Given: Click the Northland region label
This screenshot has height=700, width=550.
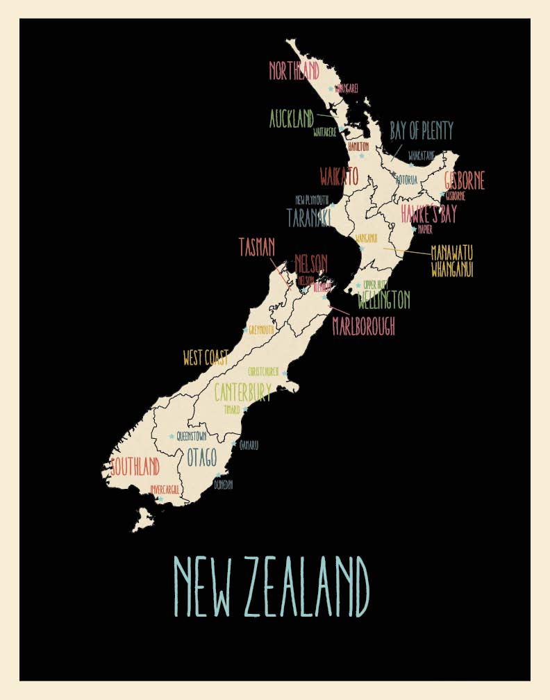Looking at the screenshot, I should (x=294, y=70).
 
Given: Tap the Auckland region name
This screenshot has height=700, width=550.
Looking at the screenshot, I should (x=292, y=119).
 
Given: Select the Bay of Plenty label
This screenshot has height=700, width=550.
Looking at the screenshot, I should (x=421, y=131).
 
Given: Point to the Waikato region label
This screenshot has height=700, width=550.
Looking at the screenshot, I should (x=339, y=176).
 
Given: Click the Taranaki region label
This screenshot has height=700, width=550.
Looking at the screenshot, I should (x=308, y=217).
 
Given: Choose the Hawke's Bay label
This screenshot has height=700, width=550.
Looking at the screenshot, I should (x=428, y=215).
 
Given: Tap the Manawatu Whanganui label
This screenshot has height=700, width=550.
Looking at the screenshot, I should (x=452, y=260).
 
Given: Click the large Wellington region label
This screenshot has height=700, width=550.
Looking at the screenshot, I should (x=384, y=301).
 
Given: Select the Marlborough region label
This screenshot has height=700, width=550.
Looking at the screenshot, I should (x=363, y=326).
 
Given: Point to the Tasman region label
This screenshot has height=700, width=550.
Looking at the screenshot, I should (x=257, y=247).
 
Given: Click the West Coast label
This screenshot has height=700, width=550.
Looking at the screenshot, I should (x=206, y=358).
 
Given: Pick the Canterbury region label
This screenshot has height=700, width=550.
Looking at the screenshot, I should (x=242, y=392).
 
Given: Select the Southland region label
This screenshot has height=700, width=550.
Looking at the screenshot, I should (x=135, y=465).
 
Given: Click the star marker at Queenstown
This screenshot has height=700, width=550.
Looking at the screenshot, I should (x=172, y=436).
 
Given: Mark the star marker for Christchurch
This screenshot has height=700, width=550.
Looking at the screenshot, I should (x=284, y=373).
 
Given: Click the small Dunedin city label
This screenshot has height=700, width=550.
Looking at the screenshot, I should (x=224, y=485).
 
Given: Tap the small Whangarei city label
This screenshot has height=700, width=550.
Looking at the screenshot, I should (x=346, y=89).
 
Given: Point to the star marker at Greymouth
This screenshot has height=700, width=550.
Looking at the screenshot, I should (x=244, y=330).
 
